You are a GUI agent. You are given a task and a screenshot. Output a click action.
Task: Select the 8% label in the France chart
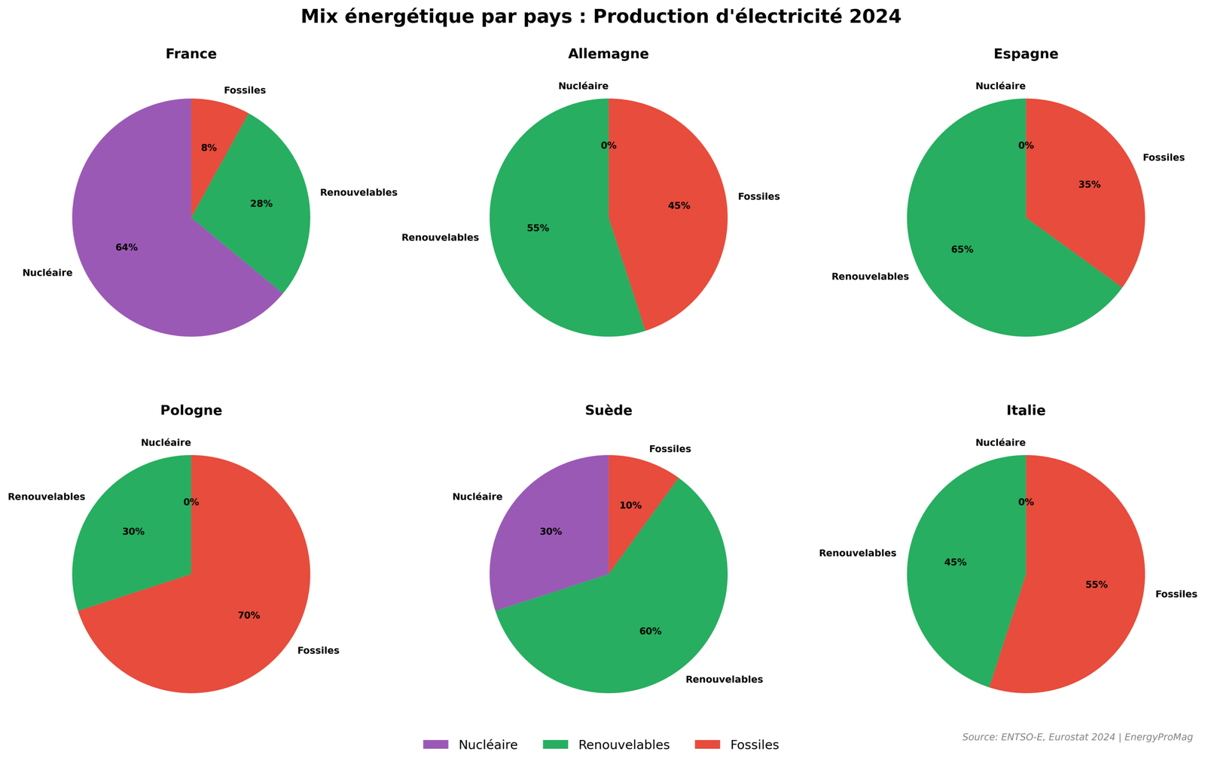point(209,148)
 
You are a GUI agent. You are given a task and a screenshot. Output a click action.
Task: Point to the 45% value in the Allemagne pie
point(679,206)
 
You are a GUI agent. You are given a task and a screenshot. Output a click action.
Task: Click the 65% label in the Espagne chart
point(962,249)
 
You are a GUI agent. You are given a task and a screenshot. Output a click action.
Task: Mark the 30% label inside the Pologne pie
point(133,532)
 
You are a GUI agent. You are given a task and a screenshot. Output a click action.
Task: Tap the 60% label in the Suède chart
point(650,631)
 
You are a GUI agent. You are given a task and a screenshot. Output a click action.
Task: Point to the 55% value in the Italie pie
point(1097,585)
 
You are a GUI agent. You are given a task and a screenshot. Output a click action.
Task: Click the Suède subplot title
point(609,411)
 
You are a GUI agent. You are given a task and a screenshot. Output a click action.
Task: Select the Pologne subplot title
point(191,411)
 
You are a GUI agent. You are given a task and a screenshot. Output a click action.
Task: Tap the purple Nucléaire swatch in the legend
point(435,744)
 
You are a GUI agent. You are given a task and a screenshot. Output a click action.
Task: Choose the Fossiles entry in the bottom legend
point(754,745)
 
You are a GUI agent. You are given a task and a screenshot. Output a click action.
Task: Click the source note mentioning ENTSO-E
point(1077,737)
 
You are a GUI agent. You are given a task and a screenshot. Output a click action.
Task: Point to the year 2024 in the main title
point(877,17)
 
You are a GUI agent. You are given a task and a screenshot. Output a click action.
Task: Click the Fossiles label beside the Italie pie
point(1176,594)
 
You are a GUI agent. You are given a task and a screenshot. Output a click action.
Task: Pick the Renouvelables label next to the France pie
point(358,193)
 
